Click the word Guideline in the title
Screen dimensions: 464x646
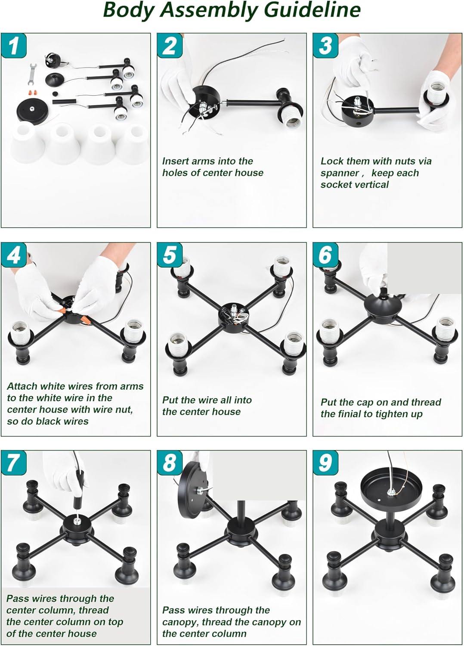312,10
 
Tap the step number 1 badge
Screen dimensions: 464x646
14,45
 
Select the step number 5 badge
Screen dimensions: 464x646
170,255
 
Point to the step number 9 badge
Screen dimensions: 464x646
326,463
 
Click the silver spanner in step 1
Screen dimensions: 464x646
32,74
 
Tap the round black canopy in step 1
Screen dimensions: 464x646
33,111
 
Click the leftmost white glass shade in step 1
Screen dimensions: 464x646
28,142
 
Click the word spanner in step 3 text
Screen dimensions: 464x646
340,173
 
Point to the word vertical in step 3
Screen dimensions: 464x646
372,185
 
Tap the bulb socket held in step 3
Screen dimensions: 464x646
436,95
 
